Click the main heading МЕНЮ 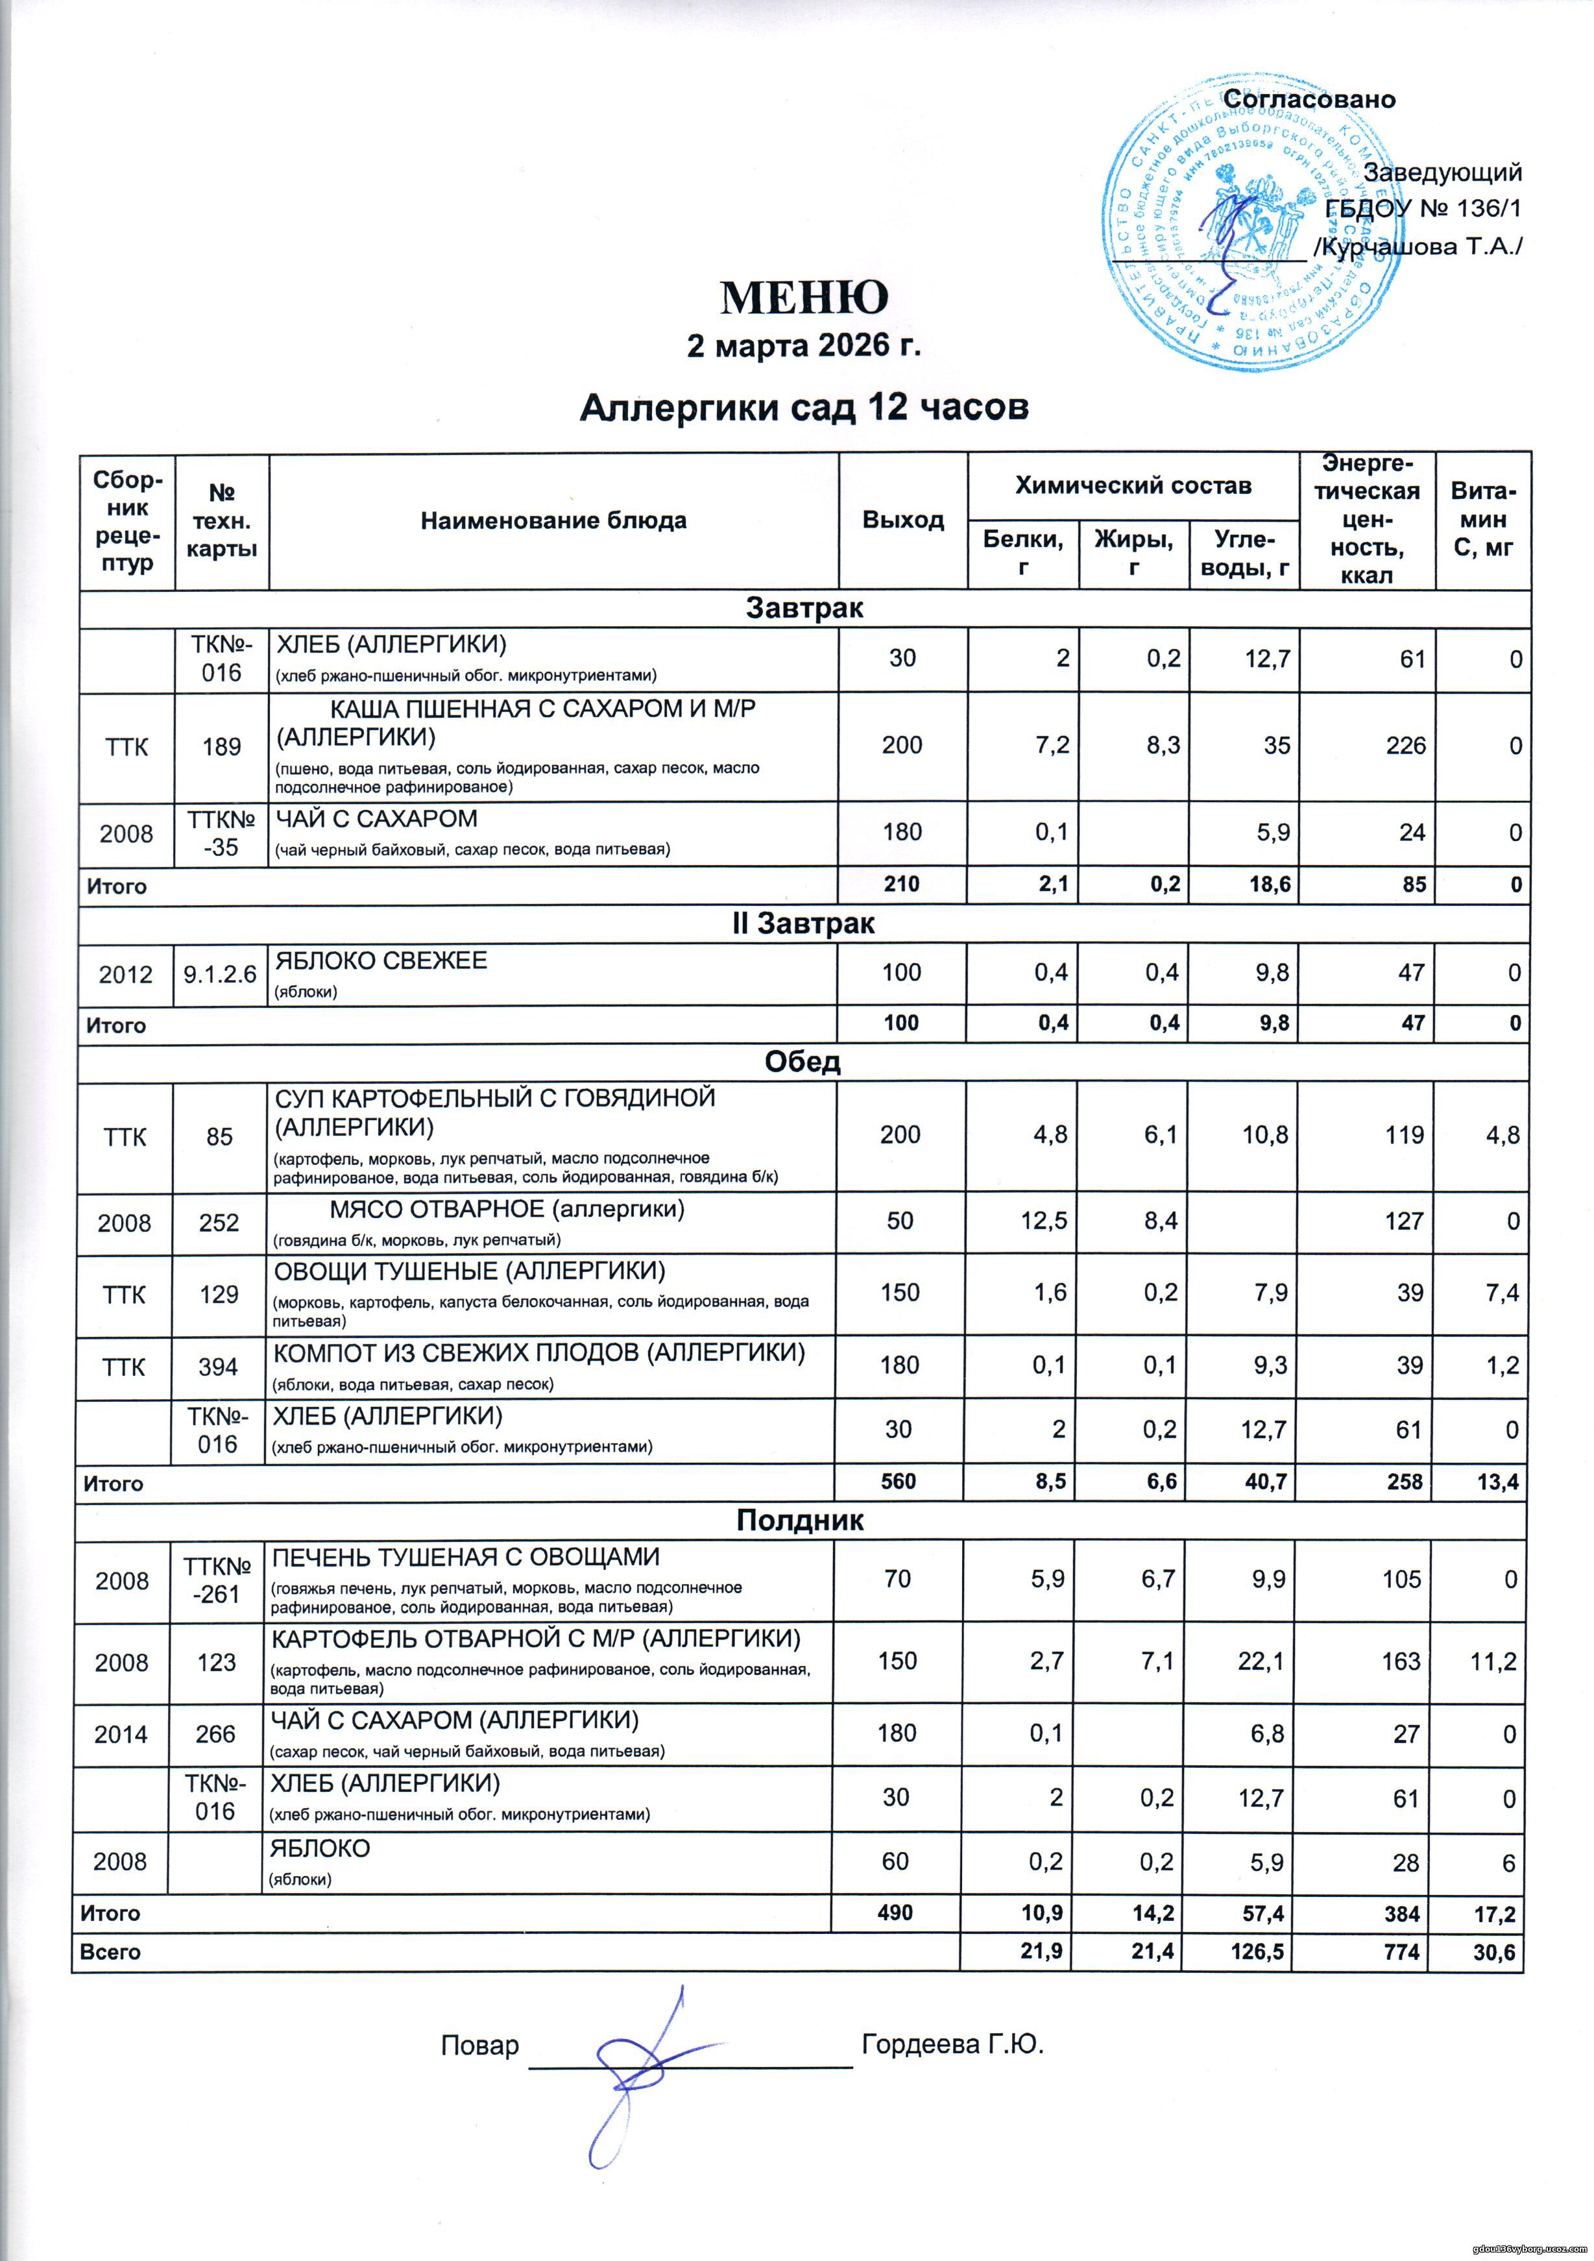pos(804,297)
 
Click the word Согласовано pos(1309,99)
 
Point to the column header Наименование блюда pos(553,521)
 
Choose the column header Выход pos(903,521)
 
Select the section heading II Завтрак pos(804,923)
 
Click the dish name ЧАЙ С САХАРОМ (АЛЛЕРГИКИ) pos(455,1720)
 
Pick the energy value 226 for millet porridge pos(1405,746)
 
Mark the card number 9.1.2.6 pos(221,974)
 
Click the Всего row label pos(110,1952)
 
